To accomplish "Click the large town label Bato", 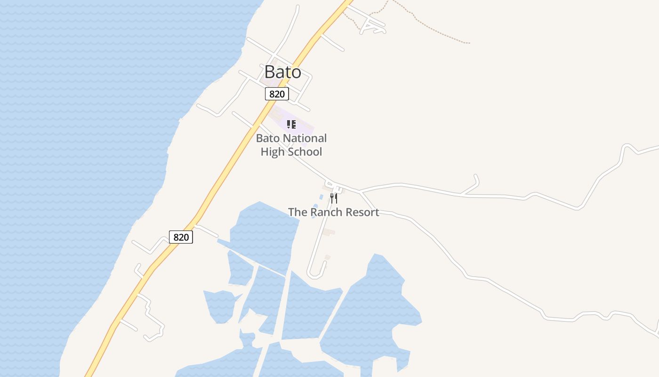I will click(x=282, y=72).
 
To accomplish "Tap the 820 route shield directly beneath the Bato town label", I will click(x=277, y=94).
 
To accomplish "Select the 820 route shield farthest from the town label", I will click(x=181, y=237).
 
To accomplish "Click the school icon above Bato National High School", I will click(x=291, y=124).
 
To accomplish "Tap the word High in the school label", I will click(x=272, y=152).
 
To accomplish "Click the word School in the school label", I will click(x=305, y=152).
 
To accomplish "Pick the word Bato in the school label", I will click(x=268, y=139).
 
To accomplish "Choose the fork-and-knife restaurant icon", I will click(x=333, y=198).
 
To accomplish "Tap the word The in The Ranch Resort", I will click(x=297, y=212).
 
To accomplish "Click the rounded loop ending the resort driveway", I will click(x=314, y=273).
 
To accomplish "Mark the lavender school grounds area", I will click(x=304, y=126).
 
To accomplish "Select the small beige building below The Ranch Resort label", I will click(x=329, y=232).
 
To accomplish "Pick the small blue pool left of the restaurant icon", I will click(x=321, y=197).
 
